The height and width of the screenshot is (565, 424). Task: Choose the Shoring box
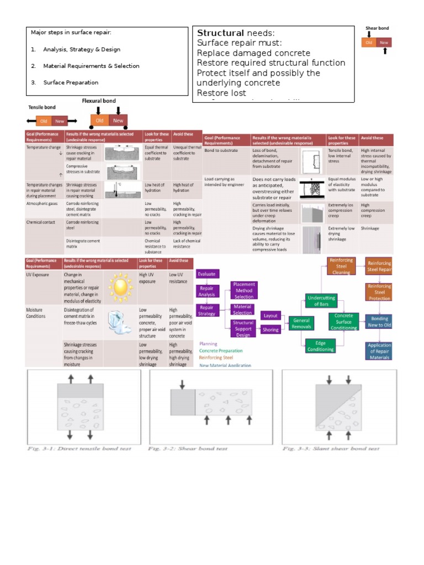click(x=271, y=330)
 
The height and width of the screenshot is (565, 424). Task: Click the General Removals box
click(x=301, y=323)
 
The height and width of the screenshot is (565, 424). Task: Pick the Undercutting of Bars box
click(x=321, y=301)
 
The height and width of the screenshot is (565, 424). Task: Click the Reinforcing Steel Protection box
click(x=379, y=292)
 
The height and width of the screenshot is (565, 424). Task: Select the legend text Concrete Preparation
click(x=220, y=350)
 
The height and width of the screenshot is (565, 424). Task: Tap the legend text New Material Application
click(x=225, y=365)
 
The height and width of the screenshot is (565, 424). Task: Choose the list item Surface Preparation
click(x=71, y=83)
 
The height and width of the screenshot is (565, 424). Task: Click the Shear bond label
click(x=377, y=28)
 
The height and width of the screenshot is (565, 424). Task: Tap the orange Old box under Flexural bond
click(x=99, y=120)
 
